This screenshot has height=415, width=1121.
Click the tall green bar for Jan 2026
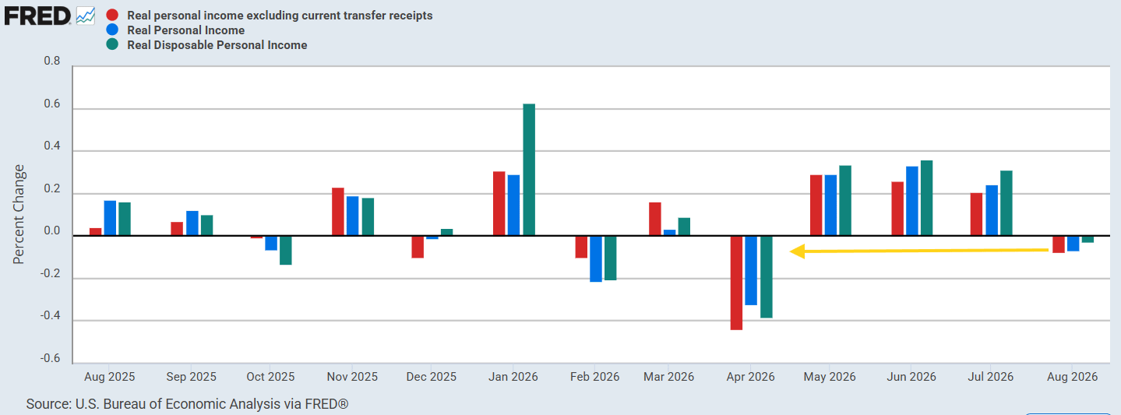(x=529, y=170)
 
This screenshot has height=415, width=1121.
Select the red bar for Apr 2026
(x=736, y=283)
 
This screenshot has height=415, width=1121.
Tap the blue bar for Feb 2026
(x=595, y=258)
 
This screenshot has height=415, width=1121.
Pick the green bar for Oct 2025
(x=286, y=250)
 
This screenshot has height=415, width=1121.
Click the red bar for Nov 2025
(x=338, y=212)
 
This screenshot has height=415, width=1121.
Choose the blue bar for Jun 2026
(x=912, y=201)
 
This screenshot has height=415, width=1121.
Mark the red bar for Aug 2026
(x=1059, y=244)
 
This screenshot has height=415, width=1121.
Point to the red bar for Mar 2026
(x=655, y=219)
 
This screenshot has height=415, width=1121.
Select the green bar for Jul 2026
(x=1006, y=203)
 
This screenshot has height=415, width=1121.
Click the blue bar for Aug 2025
(x=110, y=218)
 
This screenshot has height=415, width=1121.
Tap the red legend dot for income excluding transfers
(x=113, y=15)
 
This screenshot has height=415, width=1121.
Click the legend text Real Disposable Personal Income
(x=217, y=45)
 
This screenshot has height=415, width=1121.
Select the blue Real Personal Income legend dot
(x=113, y=30)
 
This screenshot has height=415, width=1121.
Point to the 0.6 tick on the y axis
(x=52, y=104)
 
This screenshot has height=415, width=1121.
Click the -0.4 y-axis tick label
(x=51, y=315)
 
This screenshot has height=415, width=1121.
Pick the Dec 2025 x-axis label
(x=432, y=377)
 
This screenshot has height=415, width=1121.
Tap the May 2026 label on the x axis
(x=830, y=377)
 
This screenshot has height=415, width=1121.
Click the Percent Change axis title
(x=19, y=214)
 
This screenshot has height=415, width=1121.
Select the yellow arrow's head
(x=797, y=251)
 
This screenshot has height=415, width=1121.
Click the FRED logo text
(x=37, y=16)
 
